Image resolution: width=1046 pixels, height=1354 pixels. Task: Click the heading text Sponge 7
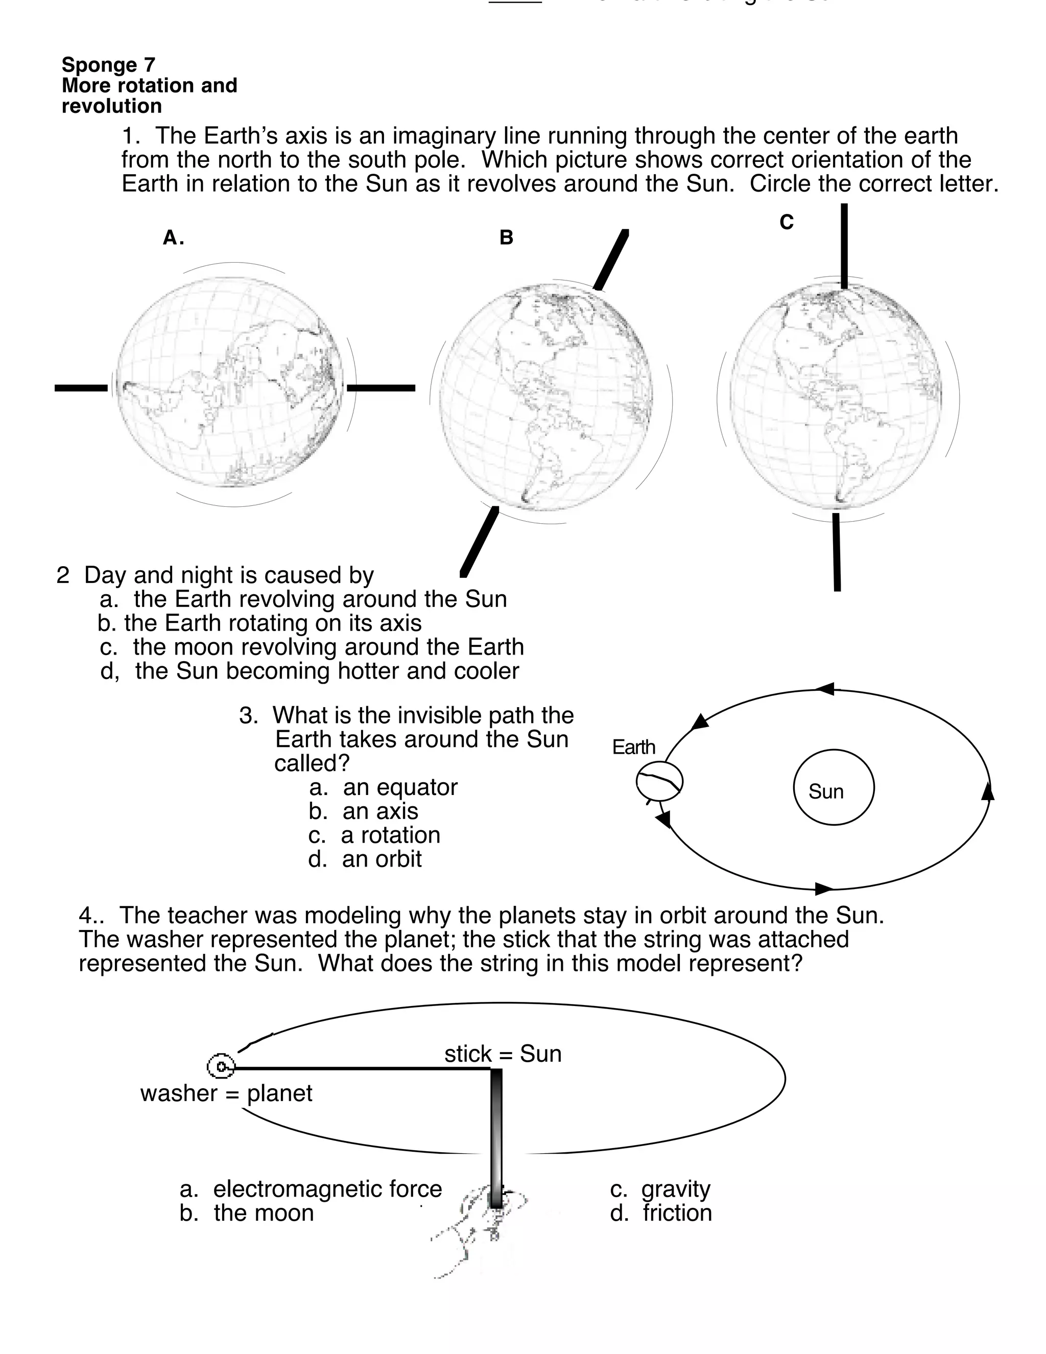[x=108, y=64]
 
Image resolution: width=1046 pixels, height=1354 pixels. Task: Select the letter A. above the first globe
[x=173, y=238]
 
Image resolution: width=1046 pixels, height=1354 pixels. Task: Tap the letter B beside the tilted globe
[x=506, y=238]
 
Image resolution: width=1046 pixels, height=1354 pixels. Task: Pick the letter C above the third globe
[x=787, y=222]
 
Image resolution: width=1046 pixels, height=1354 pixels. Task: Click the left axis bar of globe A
[x=81, y=388]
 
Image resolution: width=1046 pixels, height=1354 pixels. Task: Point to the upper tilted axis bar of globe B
[x=611, y=259]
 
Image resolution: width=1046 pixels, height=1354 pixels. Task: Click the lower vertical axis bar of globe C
[x=837, y=552]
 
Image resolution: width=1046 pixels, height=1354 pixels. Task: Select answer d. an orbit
[x=365, y=859]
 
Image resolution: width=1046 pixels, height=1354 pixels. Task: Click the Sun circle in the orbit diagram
[x=834, y=787]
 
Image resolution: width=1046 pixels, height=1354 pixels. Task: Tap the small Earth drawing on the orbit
[x=659, y=782]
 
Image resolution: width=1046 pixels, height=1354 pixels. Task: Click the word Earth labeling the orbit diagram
[x=633, y=747]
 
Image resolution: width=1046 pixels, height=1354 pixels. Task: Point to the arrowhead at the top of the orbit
[x=825, y=689]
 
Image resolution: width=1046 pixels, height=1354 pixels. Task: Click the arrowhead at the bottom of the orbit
[x=823, y=889]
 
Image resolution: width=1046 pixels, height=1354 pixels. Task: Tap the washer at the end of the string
[x=221, y=1066]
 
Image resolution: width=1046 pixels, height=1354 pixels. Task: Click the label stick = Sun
[x=503, y=1054]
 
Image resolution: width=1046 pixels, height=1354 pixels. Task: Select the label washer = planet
[x=226, y=1093]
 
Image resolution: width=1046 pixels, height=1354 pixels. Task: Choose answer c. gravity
[x=660, y=1188]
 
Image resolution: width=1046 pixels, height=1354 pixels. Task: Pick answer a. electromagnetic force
[x=311, y=1188]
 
